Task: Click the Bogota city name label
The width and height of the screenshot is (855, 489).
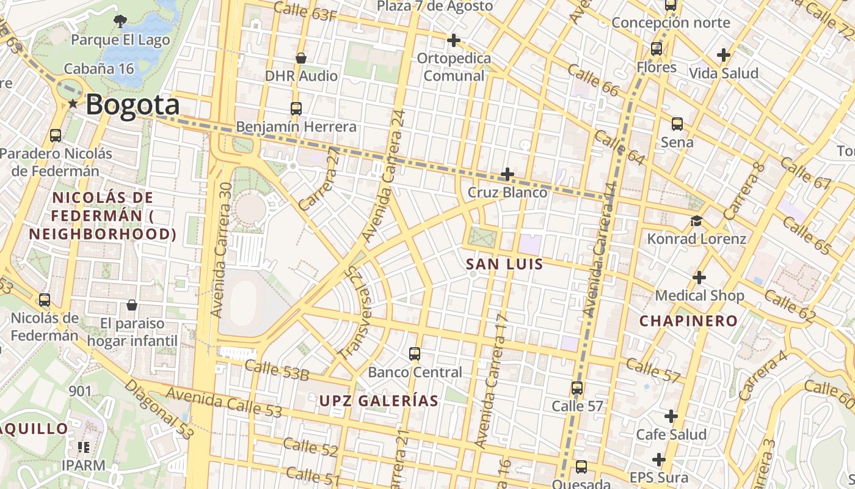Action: (x=133, y=105)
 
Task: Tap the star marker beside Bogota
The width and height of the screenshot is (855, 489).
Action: (x=73, y=104)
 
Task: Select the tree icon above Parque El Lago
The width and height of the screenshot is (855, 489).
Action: (x=120, y=21)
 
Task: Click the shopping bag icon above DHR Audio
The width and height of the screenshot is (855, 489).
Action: (x=300, y=58)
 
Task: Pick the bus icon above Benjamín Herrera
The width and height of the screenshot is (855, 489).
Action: (x=296, y=109)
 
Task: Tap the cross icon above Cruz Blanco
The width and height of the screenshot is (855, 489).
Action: (x=507, y=174)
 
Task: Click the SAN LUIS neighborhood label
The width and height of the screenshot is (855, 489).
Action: (x=504, y=264)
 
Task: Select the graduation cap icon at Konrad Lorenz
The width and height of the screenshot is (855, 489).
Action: (x=696, y=221)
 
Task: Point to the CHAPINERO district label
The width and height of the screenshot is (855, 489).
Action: (x=688, y=321)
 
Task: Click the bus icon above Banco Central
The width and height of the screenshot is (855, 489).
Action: (x=415, y=353)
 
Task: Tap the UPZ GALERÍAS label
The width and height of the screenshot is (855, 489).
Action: (x=379, y=401)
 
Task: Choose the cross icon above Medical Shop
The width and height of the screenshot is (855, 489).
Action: (x=699, y=278)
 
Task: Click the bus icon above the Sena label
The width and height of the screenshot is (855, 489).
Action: (x=677, y=124)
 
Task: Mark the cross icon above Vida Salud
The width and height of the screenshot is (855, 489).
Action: (x=724, y=55)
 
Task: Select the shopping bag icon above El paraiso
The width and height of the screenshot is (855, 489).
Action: (x=131, y=305)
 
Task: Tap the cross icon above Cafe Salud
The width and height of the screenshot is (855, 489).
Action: (x=671, y=416)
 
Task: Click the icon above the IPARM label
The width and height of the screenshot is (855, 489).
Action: (x=83, y=447)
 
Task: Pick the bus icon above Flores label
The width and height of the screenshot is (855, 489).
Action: (x=657, y=48)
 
